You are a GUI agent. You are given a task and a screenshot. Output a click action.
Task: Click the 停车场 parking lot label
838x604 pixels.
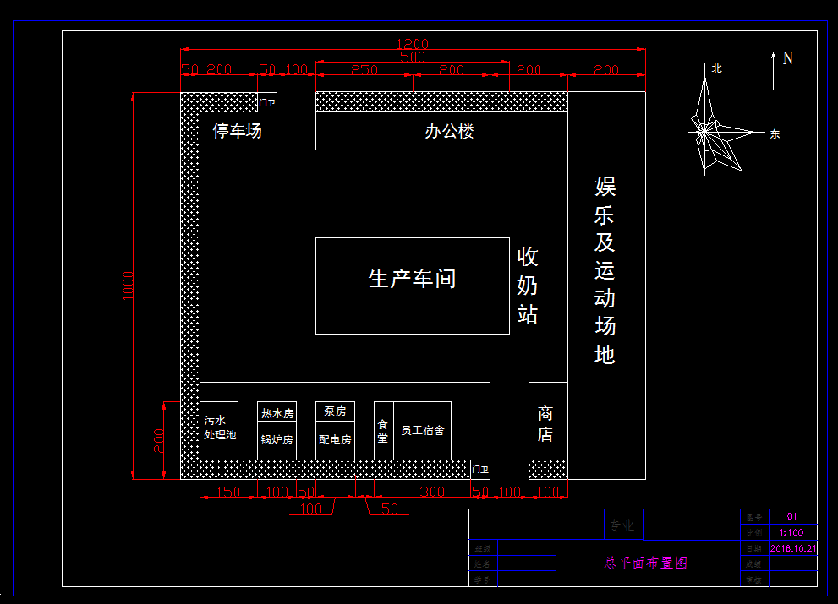pyautogui.click(x=237, y=131)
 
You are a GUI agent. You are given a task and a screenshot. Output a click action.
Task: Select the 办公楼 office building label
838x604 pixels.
pyautogui.click(x=449, y=132)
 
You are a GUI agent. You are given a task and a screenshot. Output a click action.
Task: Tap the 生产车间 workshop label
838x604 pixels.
pyautogui.click(x=412, y=279)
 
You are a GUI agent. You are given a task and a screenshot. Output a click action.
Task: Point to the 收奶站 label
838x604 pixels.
pyautogui.click(x=528, y=286)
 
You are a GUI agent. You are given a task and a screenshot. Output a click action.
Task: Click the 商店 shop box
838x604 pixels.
pyautogui.click(x=546, y=422)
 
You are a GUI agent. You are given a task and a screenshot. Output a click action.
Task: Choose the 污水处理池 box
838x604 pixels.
pyautogui.click(x=219, y=428)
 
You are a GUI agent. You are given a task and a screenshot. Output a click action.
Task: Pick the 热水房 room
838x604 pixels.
pyautogui.click(x=277, y=413)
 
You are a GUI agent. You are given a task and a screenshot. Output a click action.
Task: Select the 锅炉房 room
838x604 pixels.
pyautogui.click(x=277, y=440)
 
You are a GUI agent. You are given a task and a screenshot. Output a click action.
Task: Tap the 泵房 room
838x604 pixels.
pyautogui.click(x=335, y=411)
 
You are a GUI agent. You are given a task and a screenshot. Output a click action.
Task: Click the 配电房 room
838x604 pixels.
pyautogui.click(x=335, y=440)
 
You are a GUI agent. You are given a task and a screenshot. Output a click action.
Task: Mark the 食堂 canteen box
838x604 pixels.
pyautogui.click(x=383, y=431)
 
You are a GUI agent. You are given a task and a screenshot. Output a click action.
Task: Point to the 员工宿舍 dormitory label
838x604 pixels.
pyautogui.click(x=422, y=431)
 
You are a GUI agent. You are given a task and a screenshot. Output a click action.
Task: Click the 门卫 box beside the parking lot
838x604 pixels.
pyautogui.click(x=267, y=102)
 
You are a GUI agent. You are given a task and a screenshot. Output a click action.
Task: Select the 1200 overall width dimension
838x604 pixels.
pyautogui.click(x=414, y=44)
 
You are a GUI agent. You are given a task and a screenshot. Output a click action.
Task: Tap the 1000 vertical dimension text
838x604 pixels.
pyautogui.click(x=128, y=286)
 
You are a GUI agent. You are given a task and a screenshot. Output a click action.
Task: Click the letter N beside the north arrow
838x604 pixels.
pyautogui.click(x=788, y=58)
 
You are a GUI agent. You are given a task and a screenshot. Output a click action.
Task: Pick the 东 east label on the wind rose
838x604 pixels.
pyautogui.click(x=774, y=133)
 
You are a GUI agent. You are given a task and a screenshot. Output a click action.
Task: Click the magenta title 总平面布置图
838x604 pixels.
pyautogui.click(x=647, y=563)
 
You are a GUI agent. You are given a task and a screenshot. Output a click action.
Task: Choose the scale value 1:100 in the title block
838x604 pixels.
pyautogui.click(x=791, y=532)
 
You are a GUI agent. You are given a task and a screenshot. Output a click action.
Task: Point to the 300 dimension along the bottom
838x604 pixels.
pyautogui.click(x=432, y=492)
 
